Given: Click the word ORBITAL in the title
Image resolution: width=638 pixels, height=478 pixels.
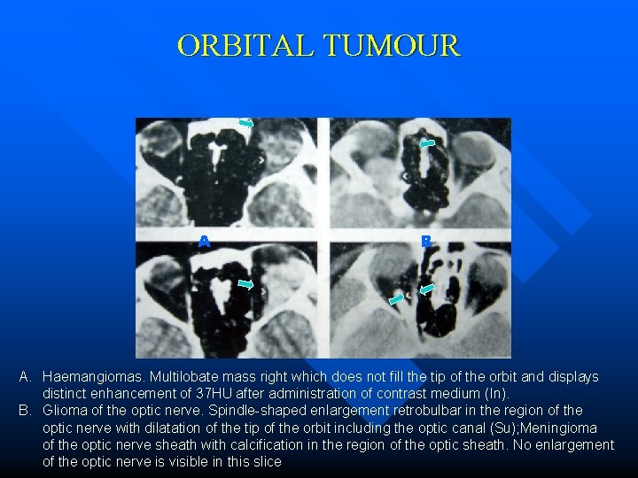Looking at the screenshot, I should pyautogui.click(x=245, y=45).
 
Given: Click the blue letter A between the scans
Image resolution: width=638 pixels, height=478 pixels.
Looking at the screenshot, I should pyautogui.click(x=204, y=241).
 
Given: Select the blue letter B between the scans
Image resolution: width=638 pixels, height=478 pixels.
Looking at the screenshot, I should pyautogui.click(x=426, y=241).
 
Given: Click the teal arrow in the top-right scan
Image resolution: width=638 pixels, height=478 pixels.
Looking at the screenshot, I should pyautogui.click(x=427, y=142).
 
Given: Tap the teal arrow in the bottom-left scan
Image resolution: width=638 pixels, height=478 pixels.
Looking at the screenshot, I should pyautogui.click(x=247, y=284).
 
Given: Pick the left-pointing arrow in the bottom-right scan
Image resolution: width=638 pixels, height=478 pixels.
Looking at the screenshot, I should pyautogui.click(x=427, y=289).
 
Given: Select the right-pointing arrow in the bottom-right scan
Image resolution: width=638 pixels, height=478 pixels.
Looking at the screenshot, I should pyautogui.click(x=396, y=300).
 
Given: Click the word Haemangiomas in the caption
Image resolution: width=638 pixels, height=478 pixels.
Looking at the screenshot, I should pyautogui.click(x=92, y=377).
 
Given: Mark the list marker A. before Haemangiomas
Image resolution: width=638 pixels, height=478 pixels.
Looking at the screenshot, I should pyautogui.click(x=26, y=377).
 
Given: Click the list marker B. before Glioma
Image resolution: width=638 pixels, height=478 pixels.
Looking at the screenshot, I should pyautogui.click(x=26, y=410).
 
